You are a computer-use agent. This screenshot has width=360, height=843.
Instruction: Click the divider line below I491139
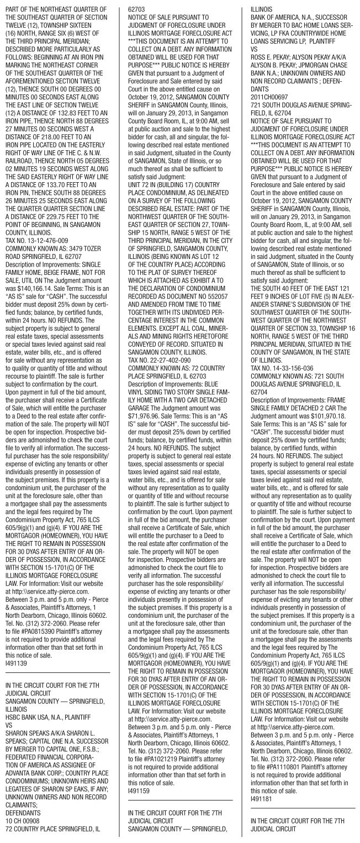point(57,685)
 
